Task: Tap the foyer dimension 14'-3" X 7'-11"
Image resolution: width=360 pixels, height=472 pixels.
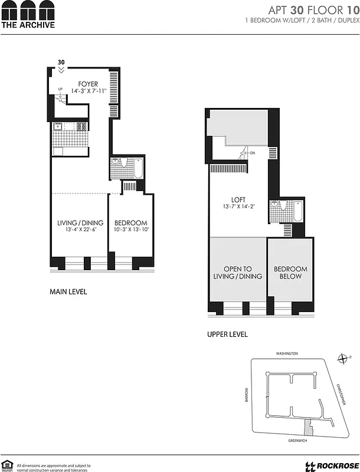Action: tap(88, 91)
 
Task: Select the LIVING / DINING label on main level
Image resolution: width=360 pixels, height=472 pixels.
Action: tap(80, 222)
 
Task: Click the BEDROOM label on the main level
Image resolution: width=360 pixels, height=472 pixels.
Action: tap(130, 222)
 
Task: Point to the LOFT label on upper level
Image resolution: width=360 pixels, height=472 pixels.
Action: tap(238, 200)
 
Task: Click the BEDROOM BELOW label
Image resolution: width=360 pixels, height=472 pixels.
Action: tap(290, 273)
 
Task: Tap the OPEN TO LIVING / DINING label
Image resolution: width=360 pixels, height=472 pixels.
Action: tap(238, 273)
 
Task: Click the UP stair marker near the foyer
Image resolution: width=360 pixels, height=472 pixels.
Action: tap(60, 89)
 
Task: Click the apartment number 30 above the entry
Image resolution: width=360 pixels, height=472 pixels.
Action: tap(61, 62)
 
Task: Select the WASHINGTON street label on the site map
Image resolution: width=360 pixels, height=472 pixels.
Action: tap(287, 353)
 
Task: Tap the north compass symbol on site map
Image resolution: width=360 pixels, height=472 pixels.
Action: tap(342, 358)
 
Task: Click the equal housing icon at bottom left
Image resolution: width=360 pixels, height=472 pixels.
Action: tap(7, 466)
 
